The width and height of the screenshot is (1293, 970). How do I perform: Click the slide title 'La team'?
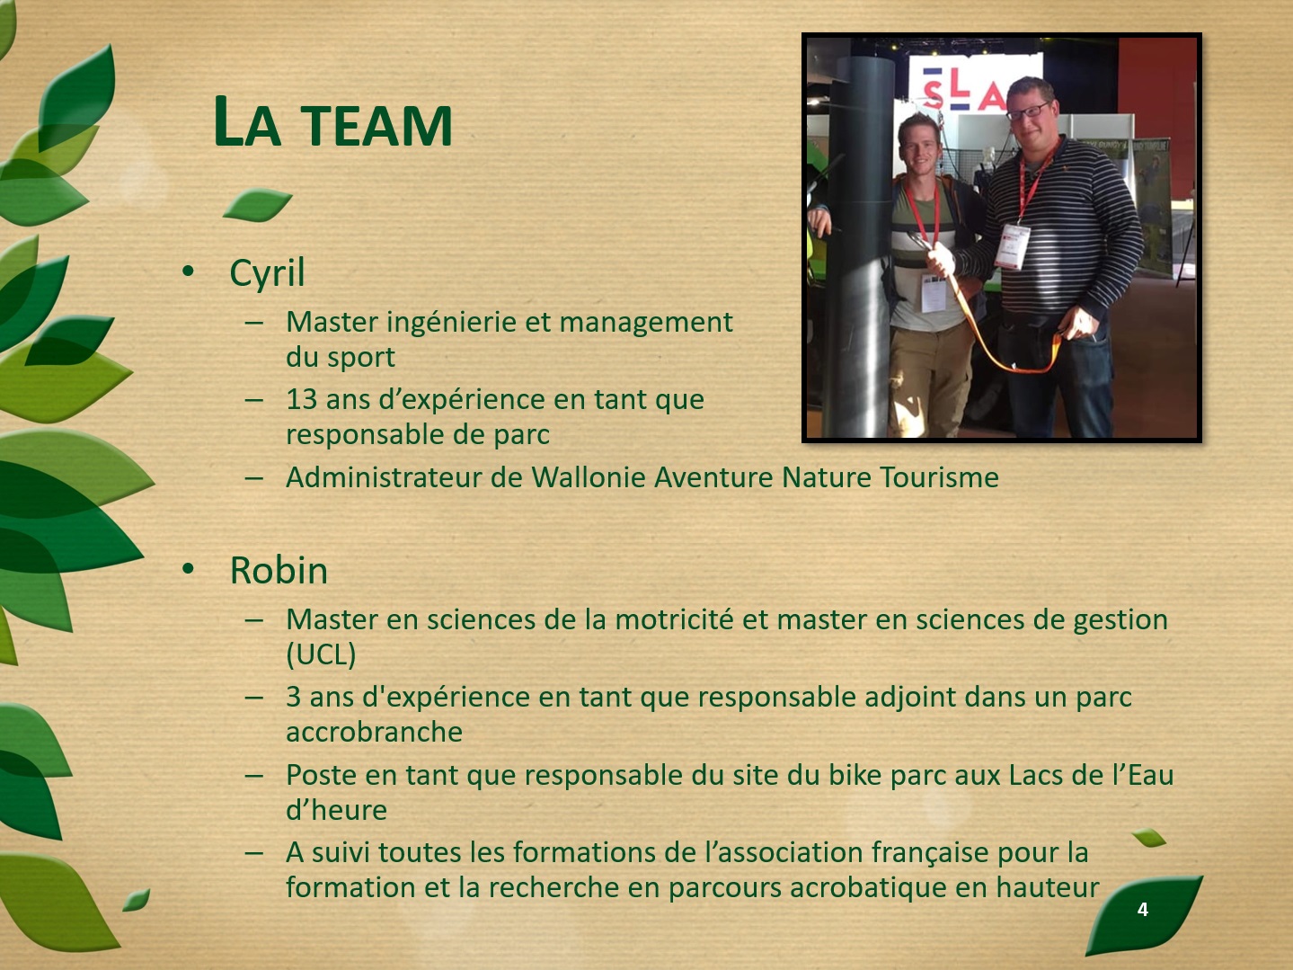click(x=332, y=122)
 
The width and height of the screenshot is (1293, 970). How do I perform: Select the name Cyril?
click(x=267, y=273)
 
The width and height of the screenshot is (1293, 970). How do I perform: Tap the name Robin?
click(x=279, y=570)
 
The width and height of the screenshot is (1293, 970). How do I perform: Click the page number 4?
click(x=1143, y=909)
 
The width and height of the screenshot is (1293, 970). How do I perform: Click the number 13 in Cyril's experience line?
click(x=302, y=399)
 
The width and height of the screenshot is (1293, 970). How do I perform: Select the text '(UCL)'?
click(x=321, y=654)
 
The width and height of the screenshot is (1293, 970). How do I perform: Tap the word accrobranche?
click(x=374, y=732)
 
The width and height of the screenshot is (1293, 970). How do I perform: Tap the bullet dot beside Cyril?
click(x=188, y=271)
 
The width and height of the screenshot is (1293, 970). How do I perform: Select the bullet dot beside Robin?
click(x=188, y=569)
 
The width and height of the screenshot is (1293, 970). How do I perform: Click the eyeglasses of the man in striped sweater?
click(x=1028, y=111)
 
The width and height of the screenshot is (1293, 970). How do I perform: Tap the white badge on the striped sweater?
click(x=1013, y=246)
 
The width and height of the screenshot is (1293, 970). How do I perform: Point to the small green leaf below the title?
click(x=257, y=205)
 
